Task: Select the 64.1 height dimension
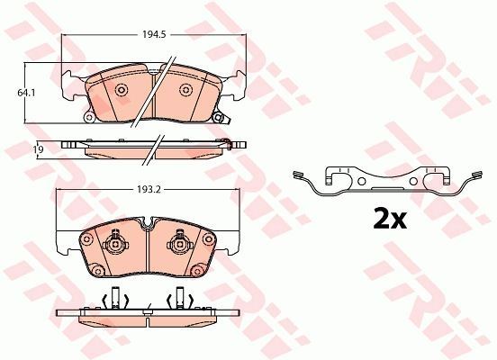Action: pyautogui.click(x=26, y=93)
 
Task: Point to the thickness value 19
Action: pyautogui.click(x=39, y=149)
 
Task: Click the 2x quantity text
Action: pyautogui.click(x=390, y=219)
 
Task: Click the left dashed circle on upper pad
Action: pyautogui.click(x=122, y=90)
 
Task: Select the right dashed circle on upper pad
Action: pyautogui.click(x=185, y=90)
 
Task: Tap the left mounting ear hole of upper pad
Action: pyautogui.click(x=89, y=118)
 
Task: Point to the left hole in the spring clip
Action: pyautogui.click(x=361, y=181)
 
